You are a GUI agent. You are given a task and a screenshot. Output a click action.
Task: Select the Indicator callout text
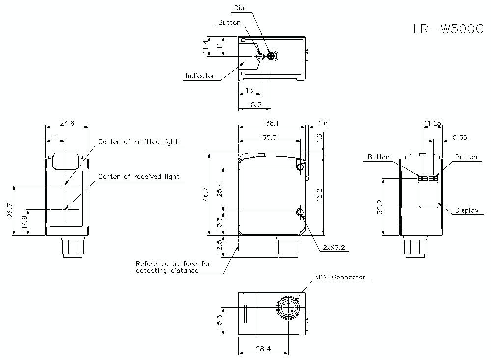click(x=200, y=76)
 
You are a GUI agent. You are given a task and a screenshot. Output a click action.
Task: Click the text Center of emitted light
click(x=138, y=142)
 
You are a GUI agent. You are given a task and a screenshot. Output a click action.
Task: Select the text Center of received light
click(x=139, y=176)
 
